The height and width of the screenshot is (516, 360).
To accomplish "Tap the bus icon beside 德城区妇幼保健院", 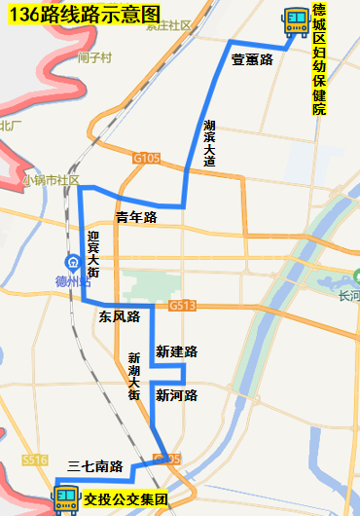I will [294, 18].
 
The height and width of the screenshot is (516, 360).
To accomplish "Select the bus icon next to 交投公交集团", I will [66, 499].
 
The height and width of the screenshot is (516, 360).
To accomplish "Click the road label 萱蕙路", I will [251, 59].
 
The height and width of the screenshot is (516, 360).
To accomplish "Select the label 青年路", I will [135, 218].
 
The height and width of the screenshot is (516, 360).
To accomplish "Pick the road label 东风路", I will [120, 317].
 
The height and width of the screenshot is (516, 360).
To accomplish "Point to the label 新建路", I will [176, 350].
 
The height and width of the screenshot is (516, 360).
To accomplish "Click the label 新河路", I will [176, 395].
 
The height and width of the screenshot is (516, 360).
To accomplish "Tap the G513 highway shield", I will [182, 306].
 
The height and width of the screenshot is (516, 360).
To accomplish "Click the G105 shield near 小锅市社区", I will [147, 157].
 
